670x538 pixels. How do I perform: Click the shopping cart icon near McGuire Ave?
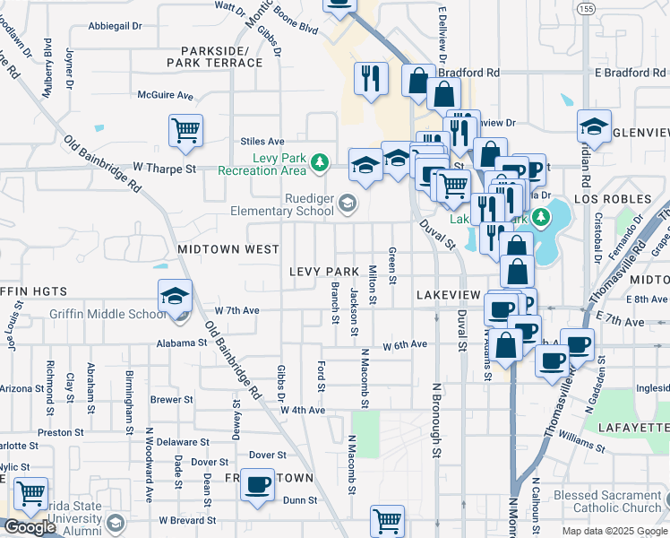[185, 131]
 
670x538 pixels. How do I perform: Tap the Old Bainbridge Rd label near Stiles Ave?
[102, 163]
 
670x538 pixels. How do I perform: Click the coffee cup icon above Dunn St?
[259, 484]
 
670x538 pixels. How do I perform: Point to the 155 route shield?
[586, 8]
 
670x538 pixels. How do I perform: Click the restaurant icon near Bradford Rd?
[370, 78]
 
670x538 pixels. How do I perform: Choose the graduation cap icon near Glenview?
[593, 128]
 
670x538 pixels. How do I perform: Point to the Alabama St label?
[183, 343]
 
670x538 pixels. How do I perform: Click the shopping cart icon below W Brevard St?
[387, 520]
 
